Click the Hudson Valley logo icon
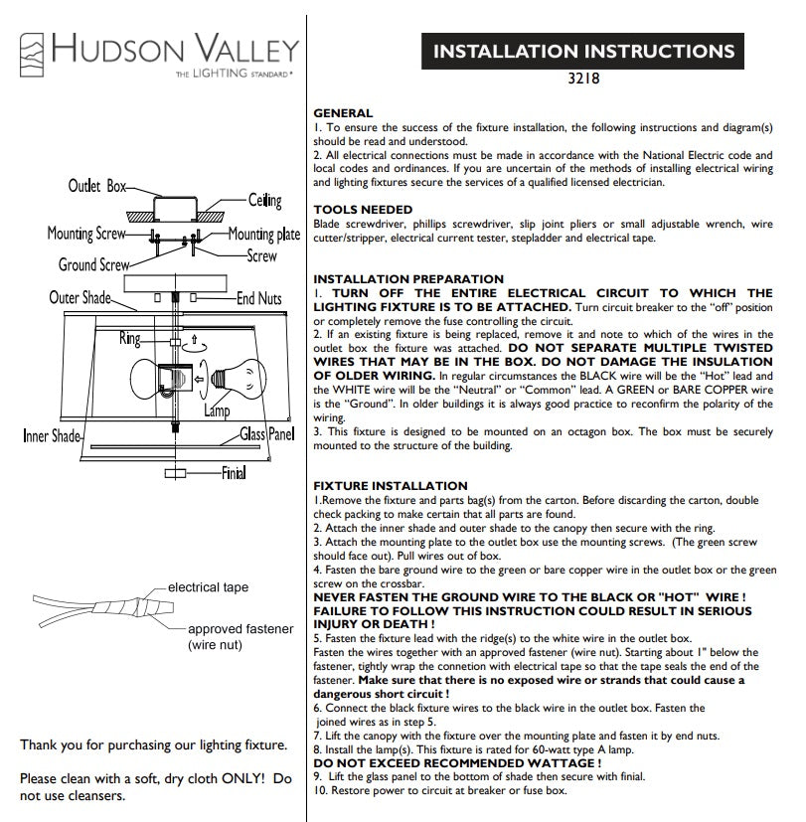(x=32, y=55)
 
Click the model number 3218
(x=583, y=79)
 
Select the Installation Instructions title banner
(x=582, y=51)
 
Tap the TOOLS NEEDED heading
(x=363, y=210)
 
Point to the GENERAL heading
(x=343, y=113)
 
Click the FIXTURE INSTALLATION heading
(x=391, y=486)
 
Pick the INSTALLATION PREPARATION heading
(x=408, y=279)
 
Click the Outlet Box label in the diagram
(x=97, y=186)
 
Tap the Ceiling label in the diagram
(x=264, y=200)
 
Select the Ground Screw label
(x=93, y=264)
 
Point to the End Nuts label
(x=258, y=298)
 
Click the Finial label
(x=234, y=473)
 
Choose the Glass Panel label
(x=267, y=434)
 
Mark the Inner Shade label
(x=52, y=435)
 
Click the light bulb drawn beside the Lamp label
(x=239, y=378)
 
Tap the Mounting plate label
(x=264, y=235)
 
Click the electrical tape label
(x=208, y=587)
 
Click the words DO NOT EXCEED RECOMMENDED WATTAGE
(x=457, y=763)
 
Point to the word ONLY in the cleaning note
(x=242, y=778)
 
